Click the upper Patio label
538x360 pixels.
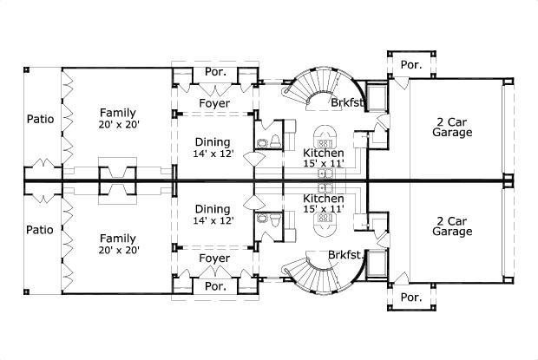pos(40,118)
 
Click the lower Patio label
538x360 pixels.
pos(40,230)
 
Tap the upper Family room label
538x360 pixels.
pos(116,113)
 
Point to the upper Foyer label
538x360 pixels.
pos(213,103)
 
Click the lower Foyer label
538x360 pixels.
pos(213,259)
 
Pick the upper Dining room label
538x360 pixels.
pos(213,142)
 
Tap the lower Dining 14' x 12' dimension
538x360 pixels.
pos(213,220)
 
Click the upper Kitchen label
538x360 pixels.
pos(324,153)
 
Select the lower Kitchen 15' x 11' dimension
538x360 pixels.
pos(324,209)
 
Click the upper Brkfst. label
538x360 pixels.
pos(346,103)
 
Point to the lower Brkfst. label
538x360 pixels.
pos(346,255)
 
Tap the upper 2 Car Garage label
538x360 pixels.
pos(452,128)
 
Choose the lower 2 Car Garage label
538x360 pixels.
pos(452,227)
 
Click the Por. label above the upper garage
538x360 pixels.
pos(410,64)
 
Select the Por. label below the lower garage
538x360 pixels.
pos(410,297)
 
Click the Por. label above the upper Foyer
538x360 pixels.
pos(214,73)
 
